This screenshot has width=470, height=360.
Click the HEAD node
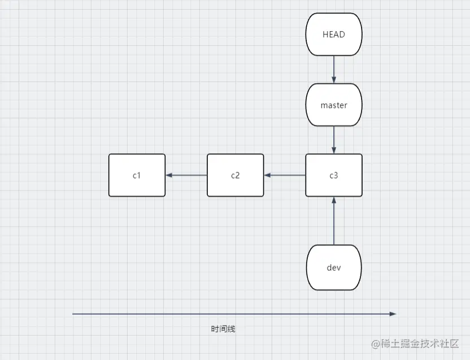click(333, 34)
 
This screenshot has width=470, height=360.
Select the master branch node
click(333, 105)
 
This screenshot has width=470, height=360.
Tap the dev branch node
click(333, 267)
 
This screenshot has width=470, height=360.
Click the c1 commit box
click(137, 175)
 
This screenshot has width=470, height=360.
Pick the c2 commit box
click(235, 175)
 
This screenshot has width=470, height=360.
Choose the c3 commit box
click(333, 175)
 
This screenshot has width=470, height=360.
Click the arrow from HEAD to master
click(334, 70)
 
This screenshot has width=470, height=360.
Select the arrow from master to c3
click(334, 140)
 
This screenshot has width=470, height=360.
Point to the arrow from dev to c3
click(334, 222)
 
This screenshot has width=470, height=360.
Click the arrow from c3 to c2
click(285, 175)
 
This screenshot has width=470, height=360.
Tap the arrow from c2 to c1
click(186, 175)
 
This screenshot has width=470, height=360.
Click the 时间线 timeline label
click(223, 329)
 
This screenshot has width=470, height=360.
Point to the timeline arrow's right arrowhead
click(394, 313)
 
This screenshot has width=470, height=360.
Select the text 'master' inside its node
click(333, 105)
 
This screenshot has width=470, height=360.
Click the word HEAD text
click(333, 34)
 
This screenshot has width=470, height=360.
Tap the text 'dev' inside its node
click(333, 267)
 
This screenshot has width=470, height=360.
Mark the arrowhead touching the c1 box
click(169, 175)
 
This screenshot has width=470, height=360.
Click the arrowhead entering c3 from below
click(334, 200)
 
